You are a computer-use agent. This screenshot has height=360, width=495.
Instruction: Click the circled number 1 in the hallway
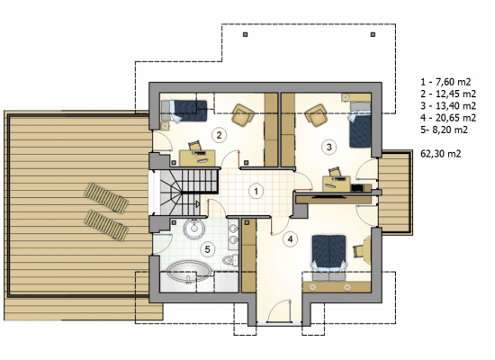[x=256, y=191]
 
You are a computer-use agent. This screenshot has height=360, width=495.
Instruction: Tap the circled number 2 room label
[x=219, y=135]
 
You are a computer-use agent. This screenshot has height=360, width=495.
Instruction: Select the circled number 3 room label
[x=328, y=147]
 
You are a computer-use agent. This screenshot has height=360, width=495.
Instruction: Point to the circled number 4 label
[x=290, y=239]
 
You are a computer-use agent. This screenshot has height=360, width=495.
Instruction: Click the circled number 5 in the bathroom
[x=207, y=249]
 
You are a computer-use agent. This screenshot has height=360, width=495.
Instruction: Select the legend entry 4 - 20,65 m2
[x=448, y=118]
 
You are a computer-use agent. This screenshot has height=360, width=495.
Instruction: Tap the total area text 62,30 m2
[x=441, y=154]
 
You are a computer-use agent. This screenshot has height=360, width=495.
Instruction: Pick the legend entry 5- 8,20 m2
[x=444, y=130]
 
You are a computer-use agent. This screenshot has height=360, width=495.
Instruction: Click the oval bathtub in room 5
[x=189, y=271]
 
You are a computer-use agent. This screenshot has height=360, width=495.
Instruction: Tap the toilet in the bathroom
[x=230, y=260]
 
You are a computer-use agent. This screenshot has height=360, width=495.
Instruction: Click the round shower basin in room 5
[x=193, y=227]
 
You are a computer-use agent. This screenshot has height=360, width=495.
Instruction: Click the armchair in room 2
[x=243, y=114]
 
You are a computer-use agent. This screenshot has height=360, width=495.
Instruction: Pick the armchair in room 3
[x=317, y=115]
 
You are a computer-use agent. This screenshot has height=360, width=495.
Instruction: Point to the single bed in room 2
[x=184, y=111]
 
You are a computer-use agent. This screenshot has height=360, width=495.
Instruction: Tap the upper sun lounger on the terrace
[x=106, y=198]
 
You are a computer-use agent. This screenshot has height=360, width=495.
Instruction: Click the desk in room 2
[x=197, y=157]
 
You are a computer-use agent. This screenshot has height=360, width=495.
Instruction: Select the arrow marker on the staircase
[x=198, y=204]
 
